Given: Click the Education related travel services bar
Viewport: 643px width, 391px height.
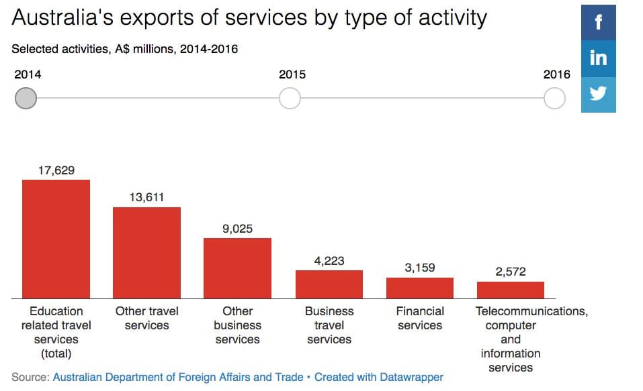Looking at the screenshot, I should click(56, 239).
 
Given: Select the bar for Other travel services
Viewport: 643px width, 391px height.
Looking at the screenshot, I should click(146, 253).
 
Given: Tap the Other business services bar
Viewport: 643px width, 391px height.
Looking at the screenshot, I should click(237, 268).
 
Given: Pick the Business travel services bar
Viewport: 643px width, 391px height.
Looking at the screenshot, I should click(329, 284).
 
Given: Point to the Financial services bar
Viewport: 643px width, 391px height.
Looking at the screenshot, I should click(420, 288).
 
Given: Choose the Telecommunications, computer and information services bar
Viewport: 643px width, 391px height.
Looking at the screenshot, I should click(511, 290).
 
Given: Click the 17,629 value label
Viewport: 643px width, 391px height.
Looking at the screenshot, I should click(56, 170).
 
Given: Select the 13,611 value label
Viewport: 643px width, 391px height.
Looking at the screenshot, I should click(146, 197).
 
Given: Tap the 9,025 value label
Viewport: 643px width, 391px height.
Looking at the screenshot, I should click(237, 229).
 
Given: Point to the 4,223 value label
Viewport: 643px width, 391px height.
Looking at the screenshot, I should click(329, 261).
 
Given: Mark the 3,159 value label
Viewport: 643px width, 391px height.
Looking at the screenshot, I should click(420, 268).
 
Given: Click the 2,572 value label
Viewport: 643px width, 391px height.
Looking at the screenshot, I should click(511, 272).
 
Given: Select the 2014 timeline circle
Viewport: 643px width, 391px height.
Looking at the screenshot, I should click(26, 99).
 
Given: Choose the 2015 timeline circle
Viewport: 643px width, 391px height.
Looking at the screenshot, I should click(290, 99).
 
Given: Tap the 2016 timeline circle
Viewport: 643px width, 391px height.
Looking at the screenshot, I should click(554, 99).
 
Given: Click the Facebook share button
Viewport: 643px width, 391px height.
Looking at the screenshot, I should click(598, 23).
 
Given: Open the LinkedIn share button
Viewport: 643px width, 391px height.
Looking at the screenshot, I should click(598, 58).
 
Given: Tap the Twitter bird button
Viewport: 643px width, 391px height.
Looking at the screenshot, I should click(598, 94).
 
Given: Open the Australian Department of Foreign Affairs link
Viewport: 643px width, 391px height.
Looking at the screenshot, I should click(178, 377).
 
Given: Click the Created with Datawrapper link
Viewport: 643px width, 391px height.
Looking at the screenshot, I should click(378, 377).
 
